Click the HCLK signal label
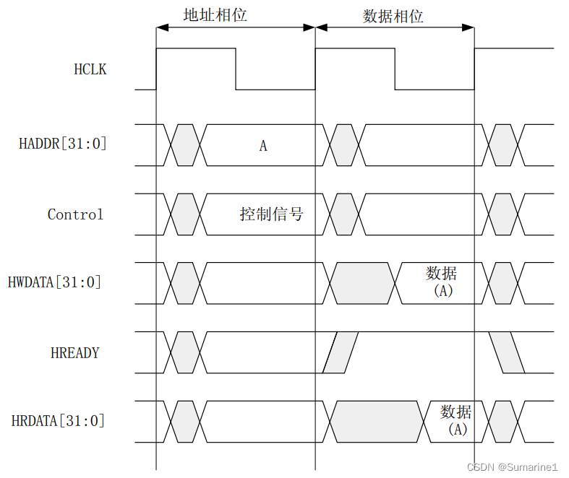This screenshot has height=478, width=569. coord(90,70)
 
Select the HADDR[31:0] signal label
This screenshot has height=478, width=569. coord(63,144)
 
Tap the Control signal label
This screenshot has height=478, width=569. coord(75,214)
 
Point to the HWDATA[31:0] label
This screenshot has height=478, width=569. coord(55,282)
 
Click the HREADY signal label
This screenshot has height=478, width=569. coord(75,353)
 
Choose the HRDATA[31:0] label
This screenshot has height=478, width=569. coord(58,421)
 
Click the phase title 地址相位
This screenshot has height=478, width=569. coord(215,14)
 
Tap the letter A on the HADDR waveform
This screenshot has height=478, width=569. coord(263,146)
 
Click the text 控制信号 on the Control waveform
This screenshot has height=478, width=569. coord(271,214)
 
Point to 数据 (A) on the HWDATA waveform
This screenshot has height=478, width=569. coord(442,282)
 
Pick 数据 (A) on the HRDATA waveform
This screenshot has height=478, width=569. coord(457,420)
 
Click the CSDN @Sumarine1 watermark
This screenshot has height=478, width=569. coord(513,467)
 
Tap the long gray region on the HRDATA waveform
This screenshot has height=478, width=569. coord(375,422)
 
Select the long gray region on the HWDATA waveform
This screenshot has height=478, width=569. coord(365,282)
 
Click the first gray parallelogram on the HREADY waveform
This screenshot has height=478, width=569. coord(341,353)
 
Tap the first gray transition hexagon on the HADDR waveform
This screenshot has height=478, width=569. coord(184,144)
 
